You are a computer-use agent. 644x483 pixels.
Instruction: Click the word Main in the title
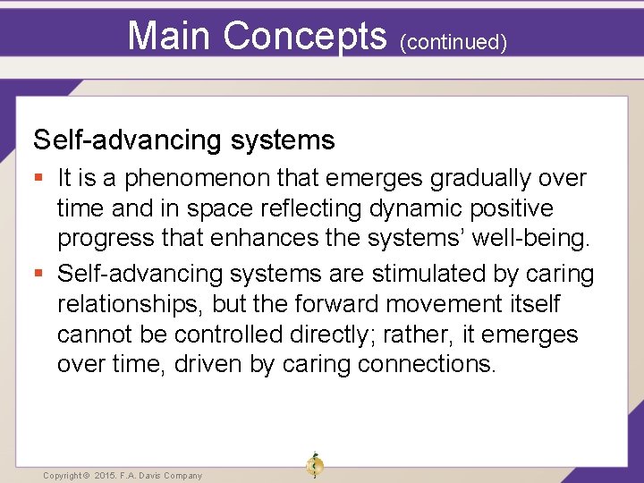pos(170,35)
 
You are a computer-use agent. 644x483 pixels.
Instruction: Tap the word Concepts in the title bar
pos(304,35)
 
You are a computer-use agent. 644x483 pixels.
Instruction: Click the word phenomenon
pos(189,178)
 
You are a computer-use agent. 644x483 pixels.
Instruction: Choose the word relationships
pos(131,304)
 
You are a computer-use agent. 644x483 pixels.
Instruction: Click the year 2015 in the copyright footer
pos(106,476)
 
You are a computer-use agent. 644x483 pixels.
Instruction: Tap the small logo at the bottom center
pos(314,466)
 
